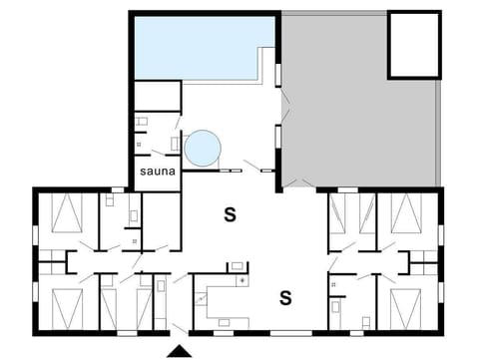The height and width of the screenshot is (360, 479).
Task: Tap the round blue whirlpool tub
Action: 203,149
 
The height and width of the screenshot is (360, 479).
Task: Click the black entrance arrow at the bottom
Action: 179,350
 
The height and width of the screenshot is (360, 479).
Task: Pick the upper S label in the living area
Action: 229,213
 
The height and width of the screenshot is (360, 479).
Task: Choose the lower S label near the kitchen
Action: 285,296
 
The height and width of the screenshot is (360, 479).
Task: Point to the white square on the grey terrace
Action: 413,45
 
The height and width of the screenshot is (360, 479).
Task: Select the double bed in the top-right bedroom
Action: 406,213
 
